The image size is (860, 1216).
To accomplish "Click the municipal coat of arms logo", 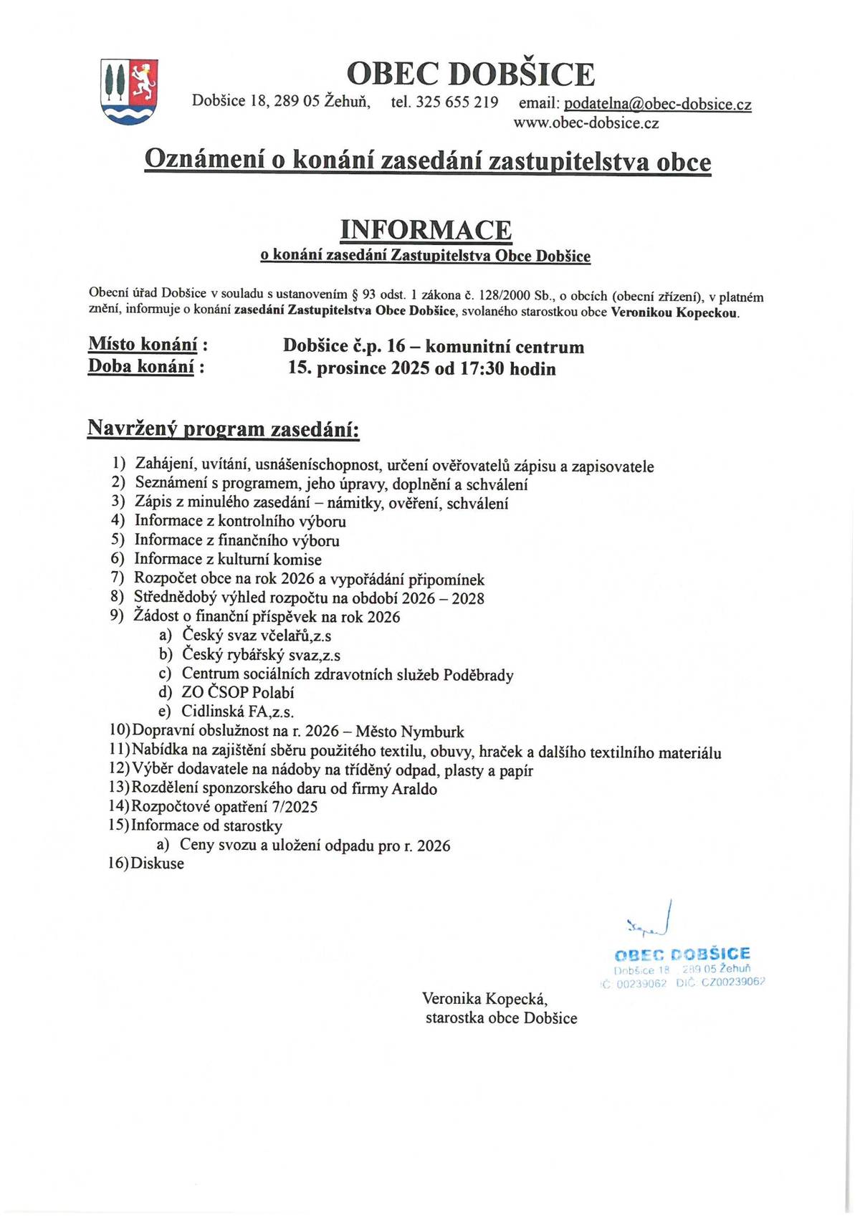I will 129,92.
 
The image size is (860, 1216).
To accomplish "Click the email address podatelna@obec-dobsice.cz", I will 657,105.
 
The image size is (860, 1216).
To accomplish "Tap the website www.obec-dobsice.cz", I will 586,123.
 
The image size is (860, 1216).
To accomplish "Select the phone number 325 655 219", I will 457,102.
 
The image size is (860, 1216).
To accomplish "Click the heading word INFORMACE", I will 426,230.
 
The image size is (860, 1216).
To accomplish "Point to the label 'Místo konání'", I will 143,345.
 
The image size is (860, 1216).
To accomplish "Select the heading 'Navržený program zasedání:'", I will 223,429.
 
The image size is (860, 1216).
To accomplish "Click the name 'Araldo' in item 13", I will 414,789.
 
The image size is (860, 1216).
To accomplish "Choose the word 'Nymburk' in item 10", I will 432,732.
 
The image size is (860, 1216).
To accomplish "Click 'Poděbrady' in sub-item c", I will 478,675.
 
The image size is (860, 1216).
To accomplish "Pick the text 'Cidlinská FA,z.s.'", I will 237,712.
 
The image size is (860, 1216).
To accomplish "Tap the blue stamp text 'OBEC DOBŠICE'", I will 682,954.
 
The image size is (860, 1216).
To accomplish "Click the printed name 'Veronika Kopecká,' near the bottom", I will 484,998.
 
